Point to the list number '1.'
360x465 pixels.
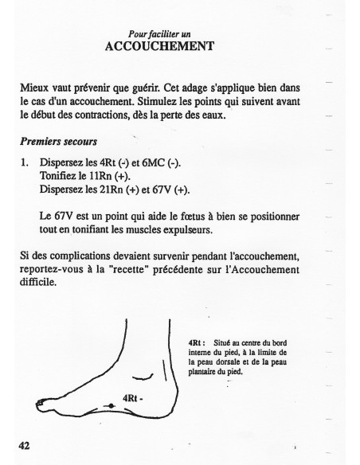coord(25,163)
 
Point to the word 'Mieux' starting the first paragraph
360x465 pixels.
coord(33,84)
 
